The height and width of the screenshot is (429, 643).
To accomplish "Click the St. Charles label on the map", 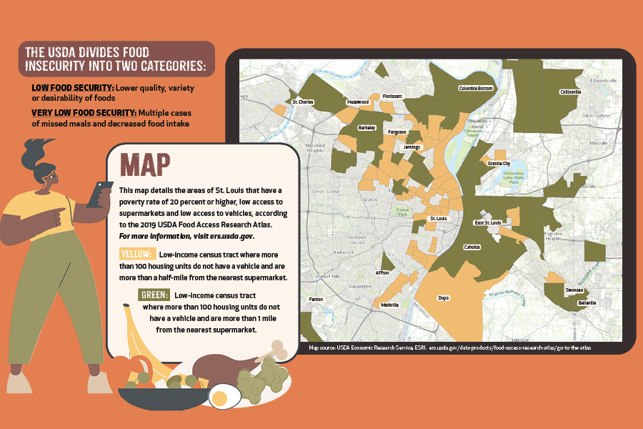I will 303,102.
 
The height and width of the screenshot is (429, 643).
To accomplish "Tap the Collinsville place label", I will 570,92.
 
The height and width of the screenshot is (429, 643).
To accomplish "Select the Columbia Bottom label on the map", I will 476,89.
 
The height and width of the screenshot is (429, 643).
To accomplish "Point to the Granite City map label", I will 499,164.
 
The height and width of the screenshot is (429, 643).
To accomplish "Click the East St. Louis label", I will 488,223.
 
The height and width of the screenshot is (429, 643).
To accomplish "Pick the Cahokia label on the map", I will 472,247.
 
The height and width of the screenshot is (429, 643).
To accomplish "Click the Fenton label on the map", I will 316,299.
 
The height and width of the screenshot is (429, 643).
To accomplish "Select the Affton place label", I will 382,273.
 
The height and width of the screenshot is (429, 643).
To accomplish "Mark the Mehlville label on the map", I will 390,305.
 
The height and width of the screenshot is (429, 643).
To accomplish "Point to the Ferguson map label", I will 397,132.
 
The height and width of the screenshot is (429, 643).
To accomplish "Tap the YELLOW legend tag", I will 136,255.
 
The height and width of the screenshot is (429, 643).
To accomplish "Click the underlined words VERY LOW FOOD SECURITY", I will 84,113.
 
